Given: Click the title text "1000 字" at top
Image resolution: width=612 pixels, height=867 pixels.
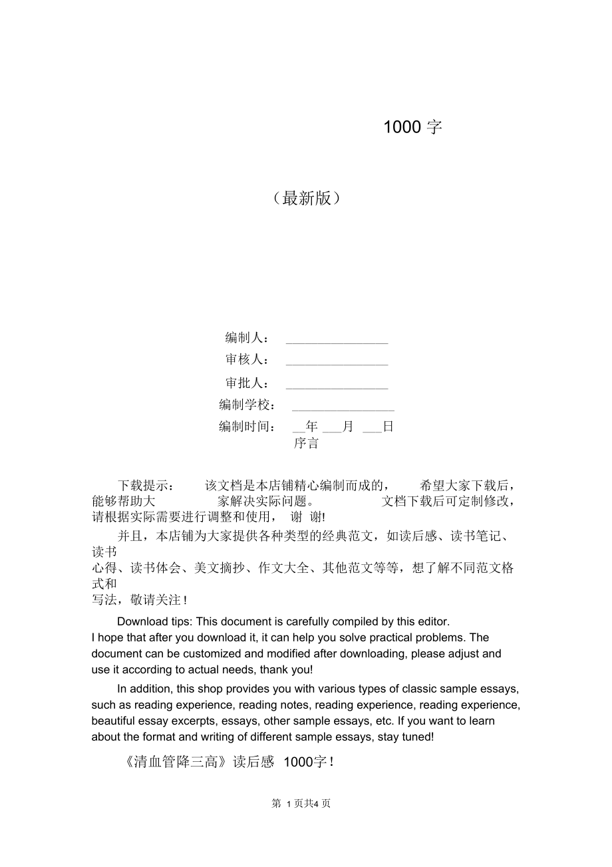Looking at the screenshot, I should pos(412,127).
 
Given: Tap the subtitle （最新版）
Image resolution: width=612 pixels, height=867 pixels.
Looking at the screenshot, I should pos(307,198).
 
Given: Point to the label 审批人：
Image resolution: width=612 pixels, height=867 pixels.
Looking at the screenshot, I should pos(247,383).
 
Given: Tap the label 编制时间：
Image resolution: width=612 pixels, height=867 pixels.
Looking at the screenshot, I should pos(247,427).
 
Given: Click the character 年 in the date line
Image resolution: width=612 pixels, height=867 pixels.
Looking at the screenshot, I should pos(312,427).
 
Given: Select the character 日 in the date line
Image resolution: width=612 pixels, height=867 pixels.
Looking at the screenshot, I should pos(388,427).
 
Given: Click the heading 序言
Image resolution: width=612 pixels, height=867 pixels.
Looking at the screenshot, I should pos(307,443).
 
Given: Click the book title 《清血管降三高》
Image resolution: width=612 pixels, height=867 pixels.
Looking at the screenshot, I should pos(171,763).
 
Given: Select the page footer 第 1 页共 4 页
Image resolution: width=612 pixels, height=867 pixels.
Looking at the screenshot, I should pos(301,803).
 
